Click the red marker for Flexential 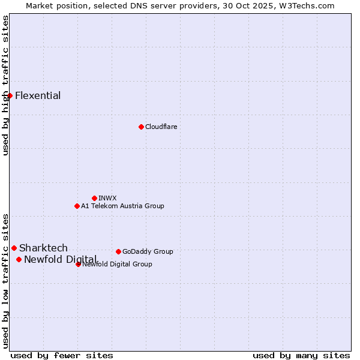10,95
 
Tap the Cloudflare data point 141,127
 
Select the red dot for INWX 94,198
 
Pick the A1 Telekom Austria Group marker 77,206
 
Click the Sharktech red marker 14,248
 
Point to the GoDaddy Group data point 118,251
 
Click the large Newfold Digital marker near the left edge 19,259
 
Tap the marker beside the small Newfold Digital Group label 78,264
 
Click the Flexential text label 38,96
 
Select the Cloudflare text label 161,127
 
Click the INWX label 107,198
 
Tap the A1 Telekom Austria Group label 122,206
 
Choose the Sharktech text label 43,248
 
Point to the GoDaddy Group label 148,251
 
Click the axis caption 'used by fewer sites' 62,355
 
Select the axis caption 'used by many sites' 301,355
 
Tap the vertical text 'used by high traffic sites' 6,85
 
